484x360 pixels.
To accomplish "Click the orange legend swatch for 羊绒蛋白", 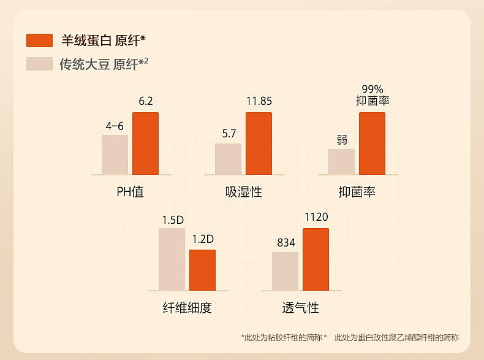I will tap(39, 40).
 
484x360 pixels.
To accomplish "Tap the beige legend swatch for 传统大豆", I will tap(39, 64).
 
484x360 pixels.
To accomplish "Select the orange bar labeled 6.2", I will tap(145, 144).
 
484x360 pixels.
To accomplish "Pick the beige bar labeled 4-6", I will tap(115, 155).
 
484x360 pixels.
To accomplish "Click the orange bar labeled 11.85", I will tap(259, 144).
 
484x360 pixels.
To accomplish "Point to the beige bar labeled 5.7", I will tap(228, 159).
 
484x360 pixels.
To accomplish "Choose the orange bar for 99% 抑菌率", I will tap(372, 144).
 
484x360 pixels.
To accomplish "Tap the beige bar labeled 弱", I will tap(341, 162).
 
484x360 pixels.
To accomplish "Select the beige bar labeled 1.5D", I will tap(172, 259).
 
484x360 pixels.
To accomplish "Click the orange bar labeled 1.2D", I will tap(202, 270).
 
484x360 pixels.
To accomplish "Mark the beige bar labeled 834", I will tap(285, 271).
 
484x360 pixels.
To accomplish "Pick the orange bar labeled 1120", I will tap(316, 259).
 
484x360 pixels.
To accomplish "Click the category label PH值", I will tap(130, 191).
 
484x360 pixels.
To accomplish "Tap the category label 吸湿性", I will tap(243, 191).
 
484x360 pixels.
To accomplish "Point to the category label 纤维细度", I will tap(187, 307).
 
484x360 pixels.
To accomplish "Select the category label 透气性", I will tap(300, 307).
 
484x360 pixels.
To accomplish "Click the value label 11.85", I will tap(259, 101).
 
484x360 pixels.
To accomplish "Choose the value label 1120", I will tap(316, 217).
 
